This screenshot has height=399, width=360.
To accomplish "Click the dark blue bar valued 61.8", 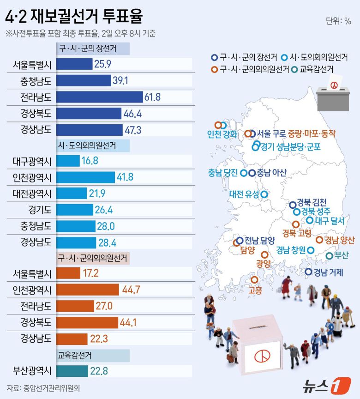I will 99,97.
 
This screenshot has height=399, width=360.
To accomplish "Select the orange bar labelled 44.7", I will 87,290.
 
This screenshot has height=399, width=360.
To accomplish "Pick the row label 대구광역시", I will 32,161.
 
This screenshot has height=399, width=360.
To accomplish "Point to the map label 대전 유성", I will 245,195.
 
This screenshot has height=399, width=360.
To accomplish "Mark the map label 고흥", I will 255,290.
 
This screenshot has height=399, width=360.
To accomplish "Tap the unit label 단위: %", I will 338,21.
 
